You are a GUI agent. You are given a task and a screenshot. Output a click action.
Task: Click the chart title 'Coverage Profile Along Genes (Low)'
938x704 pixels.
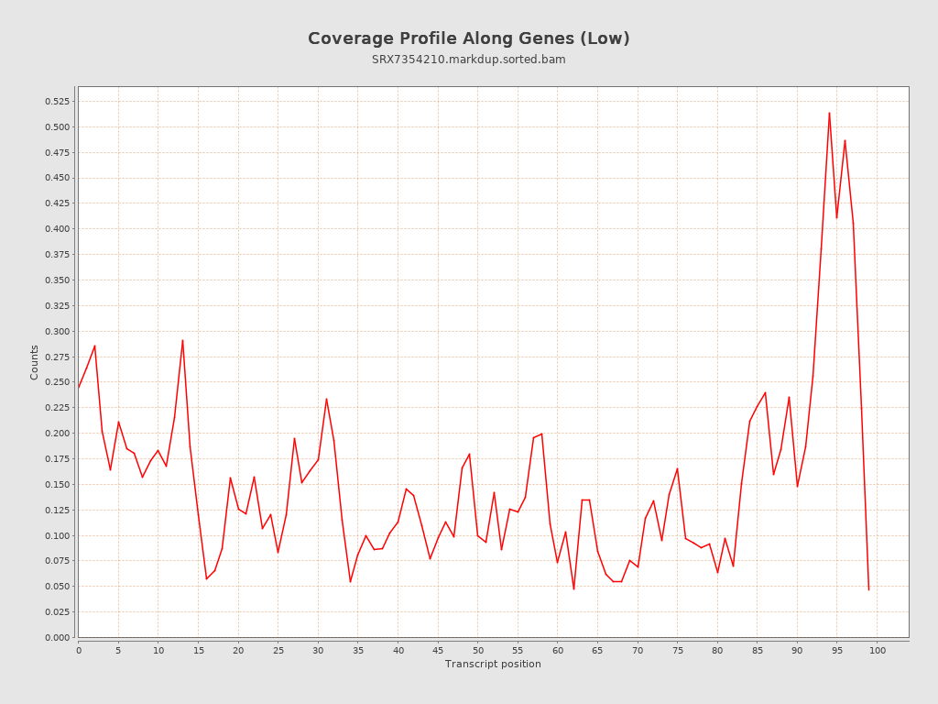click(468, 38)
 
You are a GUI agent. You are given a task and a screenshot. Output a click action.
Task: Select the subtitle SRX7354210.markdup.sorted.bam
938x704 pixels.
click(468, 60)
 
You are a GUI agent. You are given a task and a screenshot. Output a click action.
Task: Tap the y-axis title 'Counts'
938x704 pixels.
click(35, 362)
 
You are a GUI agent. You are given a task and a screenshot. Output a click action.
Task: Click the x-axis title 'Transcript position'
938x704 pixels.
click(493, 664)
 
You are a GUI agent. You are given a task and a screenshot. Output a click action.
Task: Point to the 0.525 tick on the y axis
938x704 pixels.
click(56, 102)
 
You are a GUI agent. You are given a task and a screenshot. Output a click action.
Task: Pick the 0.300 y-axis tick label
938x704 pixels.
click(56, 331)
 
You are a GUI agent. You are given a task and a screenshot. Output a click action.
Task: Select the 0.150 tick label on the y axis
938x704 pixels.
click(56, 484)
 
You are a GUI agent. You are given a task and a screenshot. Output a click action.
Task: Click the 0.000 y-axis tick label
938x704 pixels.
click(56, 637)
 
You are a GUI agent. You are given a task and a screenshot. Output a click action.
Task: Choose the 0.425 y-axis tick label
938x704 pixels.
click(56, 203)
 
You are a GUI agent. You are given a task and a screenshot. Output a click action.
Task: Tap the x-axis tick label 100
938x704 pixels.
click(878, 651)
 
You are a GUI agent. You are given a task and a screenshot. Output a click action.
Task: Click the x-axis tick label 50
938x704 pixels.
click(478, 651)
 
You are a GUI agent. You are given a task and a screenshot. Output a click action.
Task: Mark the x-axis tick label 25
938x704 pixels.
click(278, 651)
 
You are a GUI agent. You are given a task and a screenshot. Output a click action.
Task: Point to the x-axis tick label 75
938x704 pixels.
click(678, 651)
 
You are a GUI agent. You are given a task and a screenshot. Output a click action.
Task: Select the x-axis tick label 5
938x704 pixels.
click(118, 651)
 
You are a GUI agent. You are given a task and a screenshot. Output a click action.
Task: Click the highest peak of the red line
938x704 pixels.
click(829, 113)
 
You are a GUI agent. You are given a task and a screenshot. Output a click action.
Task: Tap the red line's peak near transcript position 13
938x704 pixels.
click(182, 340)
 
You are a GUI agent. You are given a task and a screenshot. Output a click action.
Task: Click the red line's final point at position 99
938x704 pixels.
click(868, 589)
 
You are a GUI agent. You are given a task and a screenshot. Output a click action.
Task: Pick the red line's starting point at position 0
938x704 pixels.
click(79, 388)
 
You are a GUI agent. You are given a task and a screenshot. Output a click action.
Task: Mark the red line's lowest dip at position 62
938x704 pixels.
click(573, 588)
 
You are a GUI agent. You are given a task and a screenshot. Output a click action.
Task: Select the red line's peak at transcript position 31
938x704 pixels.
click(326, 399)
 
